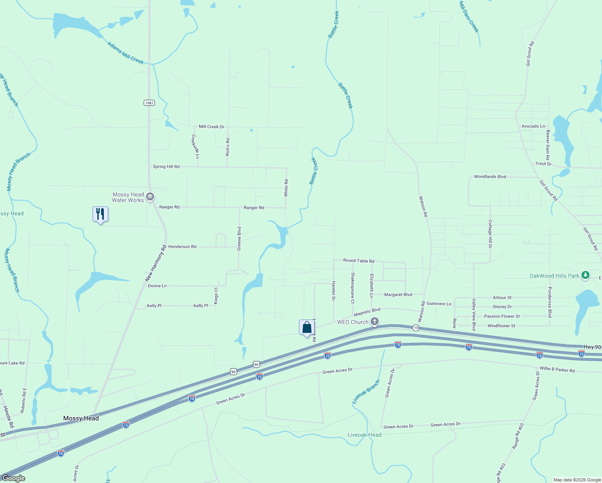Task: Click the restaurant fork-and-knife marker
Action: [x=100, y=214]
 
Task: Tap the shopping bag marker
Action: [x=307, y=327]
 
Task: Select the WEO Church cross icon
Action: [x=375, y=321]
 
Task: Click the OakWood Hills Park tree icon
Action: [x=586, y=276]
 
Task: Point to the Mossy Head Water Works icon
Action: [x=150, y=197]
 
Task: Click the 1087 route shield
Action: [x=149, y=103]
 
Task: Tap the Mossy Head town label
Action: [x=81, y=418]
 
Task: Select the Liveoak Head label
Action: [x=365, y=435]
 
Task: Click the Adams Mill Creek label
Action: [x=125, y=53]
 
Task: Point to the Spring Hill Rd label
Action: [x=166, y=167]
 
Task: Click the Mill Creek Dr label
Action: [x=211, y=127]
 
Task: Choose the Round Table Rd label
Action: [x=359, y=261]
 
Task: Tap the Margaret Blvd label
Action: [x=398, y=295]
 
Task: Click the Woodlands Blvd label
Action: [x=490, y=177]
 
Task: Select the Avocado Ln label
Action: [x=533, y=126]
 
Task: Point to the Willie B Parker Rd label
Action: [x=557, y=369]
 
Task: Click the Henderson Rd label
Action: [x=182, y=247]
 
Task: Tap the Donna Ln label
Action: [x=157, y=286]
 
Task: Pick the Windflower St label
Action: [x=501, y=326]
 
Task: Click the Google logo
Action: [x=14, y=478]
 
